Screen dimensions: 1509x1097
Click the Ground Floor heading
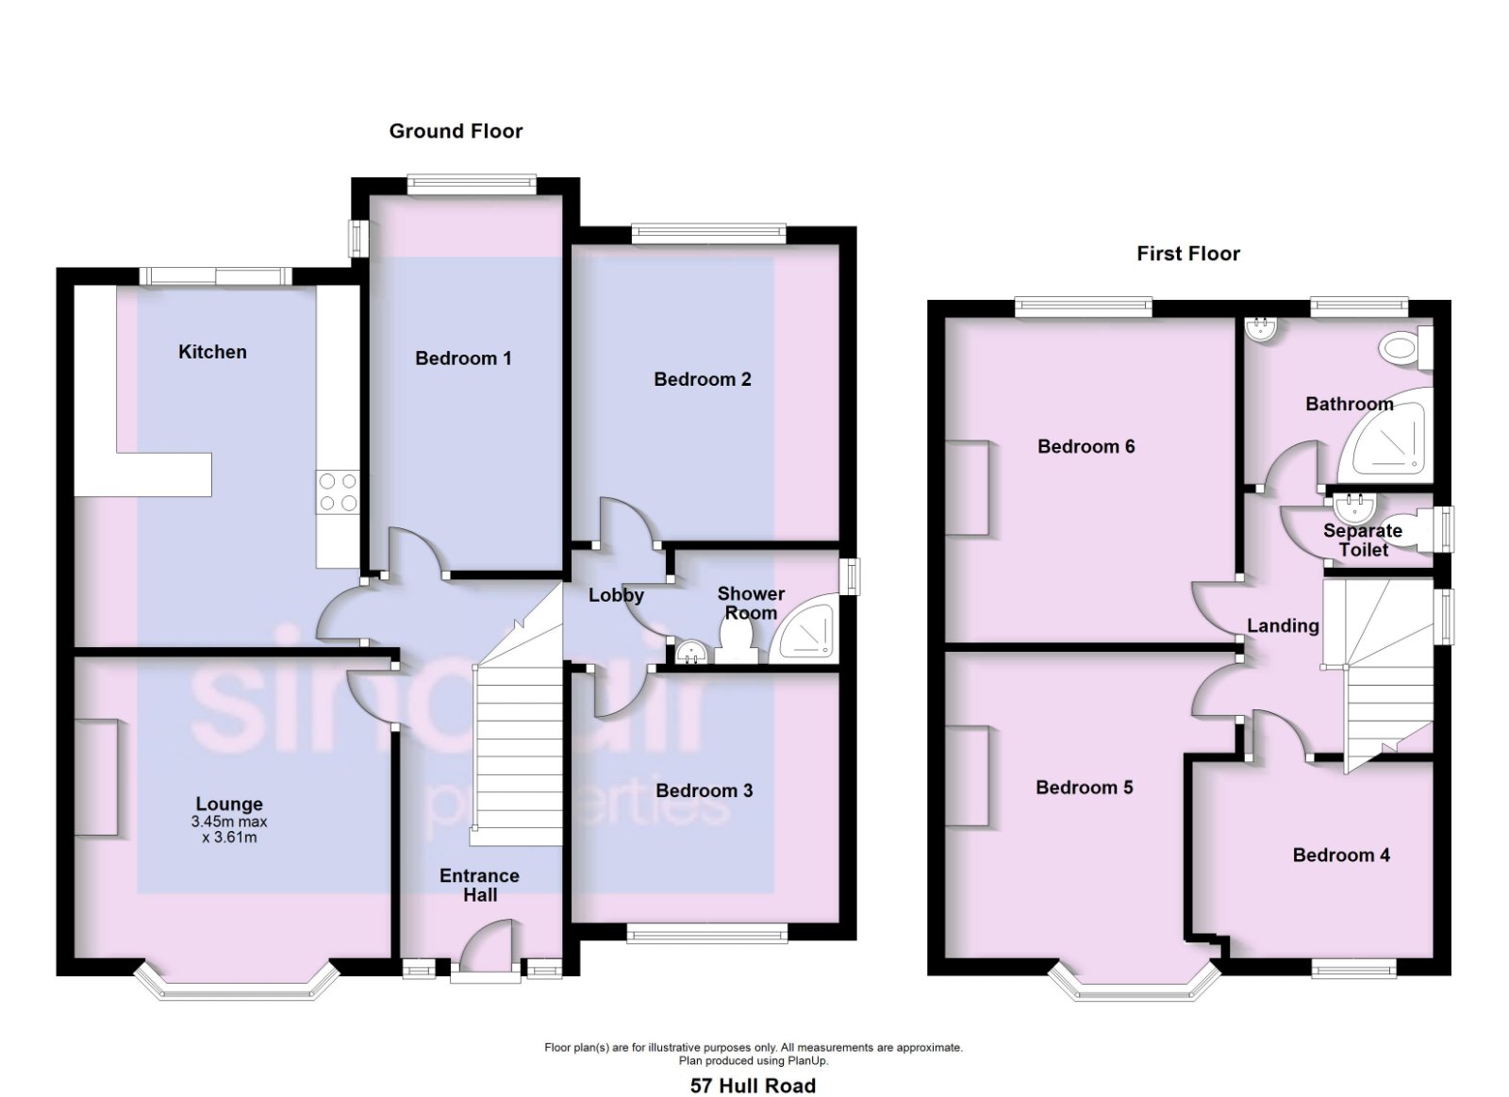pyautogui.click(x=456, y=131)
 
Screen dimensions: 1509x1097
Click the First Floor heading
pyautogui.click(x=1188, y=254)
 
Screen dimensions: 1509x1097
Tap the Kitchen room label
pyautogui.click(x=212, y=352)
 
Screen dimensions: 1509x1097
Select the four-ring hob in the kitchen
pyautogui.click(x=338, y=491)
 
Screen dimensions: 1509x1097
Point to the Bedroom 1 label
pyautogui.click(x=463, y=357)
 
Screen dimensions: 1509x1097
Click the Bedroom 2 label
pyautogui.click(x=703, y=378)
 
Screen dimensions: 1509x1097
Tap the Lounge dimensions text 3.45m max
pyautogui.click(x=229, y=823)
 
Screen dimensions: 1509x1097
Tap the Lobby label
pyautogui.click(x=616, y=595)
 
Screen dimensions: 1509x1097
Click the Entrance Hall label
pyautogui.click(x=480, y=885)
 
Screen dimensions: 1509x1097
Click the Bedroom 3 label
pyautogui.click(x=704, y=790)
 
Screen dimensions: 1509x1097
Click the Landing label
pyautogui.click(x=1283, y=626)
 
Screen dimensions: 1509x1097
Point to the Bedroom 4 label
pyautogui.click(x=1341, y=856)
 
